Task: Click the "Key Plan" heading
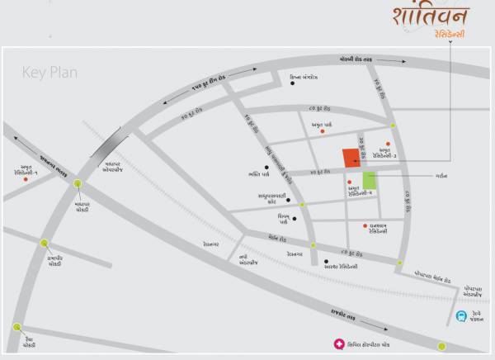tap(49, 73)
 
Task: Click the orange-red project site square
tap(351, 158)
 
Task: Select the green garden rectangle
tap(369, 181)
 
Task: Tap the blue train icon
tap(461, 316)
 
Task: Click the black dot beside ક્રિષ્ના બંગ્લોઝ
tap(282, 80)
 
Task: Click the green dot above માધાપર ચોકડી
tap(77, 183)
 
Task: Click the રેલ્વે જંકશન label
tap(478, 318)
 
